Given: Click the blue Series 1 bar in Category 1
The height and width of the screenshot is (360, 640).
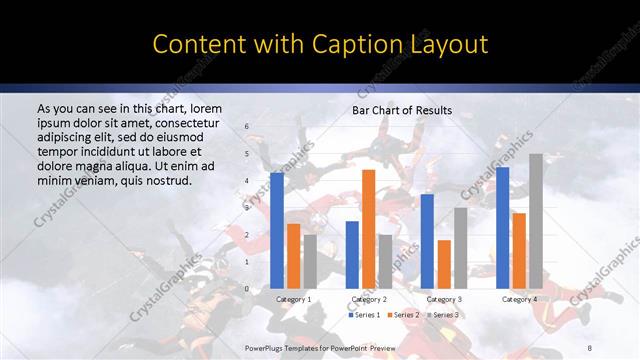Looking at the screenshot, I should click(x=277, y=230).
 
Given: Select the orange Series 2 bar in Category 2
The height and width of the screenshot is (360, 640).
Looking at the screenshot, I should click(x=368, y=229).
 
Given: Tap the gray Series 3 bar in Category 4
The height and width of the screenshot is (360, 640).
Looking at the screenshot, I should click(x=535, y=221).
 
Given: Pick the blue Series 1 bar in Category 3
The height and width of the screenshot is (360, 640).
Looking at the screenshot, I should click(x=427, y=241).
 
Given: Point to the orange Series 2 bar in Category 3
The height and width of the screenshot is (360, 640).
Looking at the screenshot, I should click(x=443, y=264).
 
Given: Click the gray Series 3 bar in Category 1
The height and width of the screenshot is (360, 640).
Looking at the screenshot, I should click(x=309, y=261).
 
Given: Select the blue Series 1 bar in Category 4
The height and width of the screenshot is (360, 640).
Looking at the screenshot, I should click(x=503, y=228).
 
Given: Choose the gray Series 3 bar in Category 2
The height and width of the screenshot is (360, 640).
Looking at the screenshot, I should click(x=384, y=261).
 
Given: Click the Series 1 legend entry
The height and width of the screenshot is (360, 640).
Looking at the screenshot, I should click(x=364, y=315).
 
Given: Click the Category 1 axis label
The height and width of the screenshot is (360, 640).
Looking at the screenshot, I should click(x=293, y=299).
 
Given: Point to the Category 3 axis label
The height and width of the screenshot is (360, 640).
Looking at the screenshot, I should click(x=443, y=299).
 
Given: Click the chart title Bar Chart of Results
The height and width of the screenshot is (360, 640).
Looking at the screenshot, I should click(x=401, y=110).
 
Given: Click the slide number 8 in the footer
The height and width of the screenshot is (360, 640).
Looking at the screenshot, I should click(x=590, y=346).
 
